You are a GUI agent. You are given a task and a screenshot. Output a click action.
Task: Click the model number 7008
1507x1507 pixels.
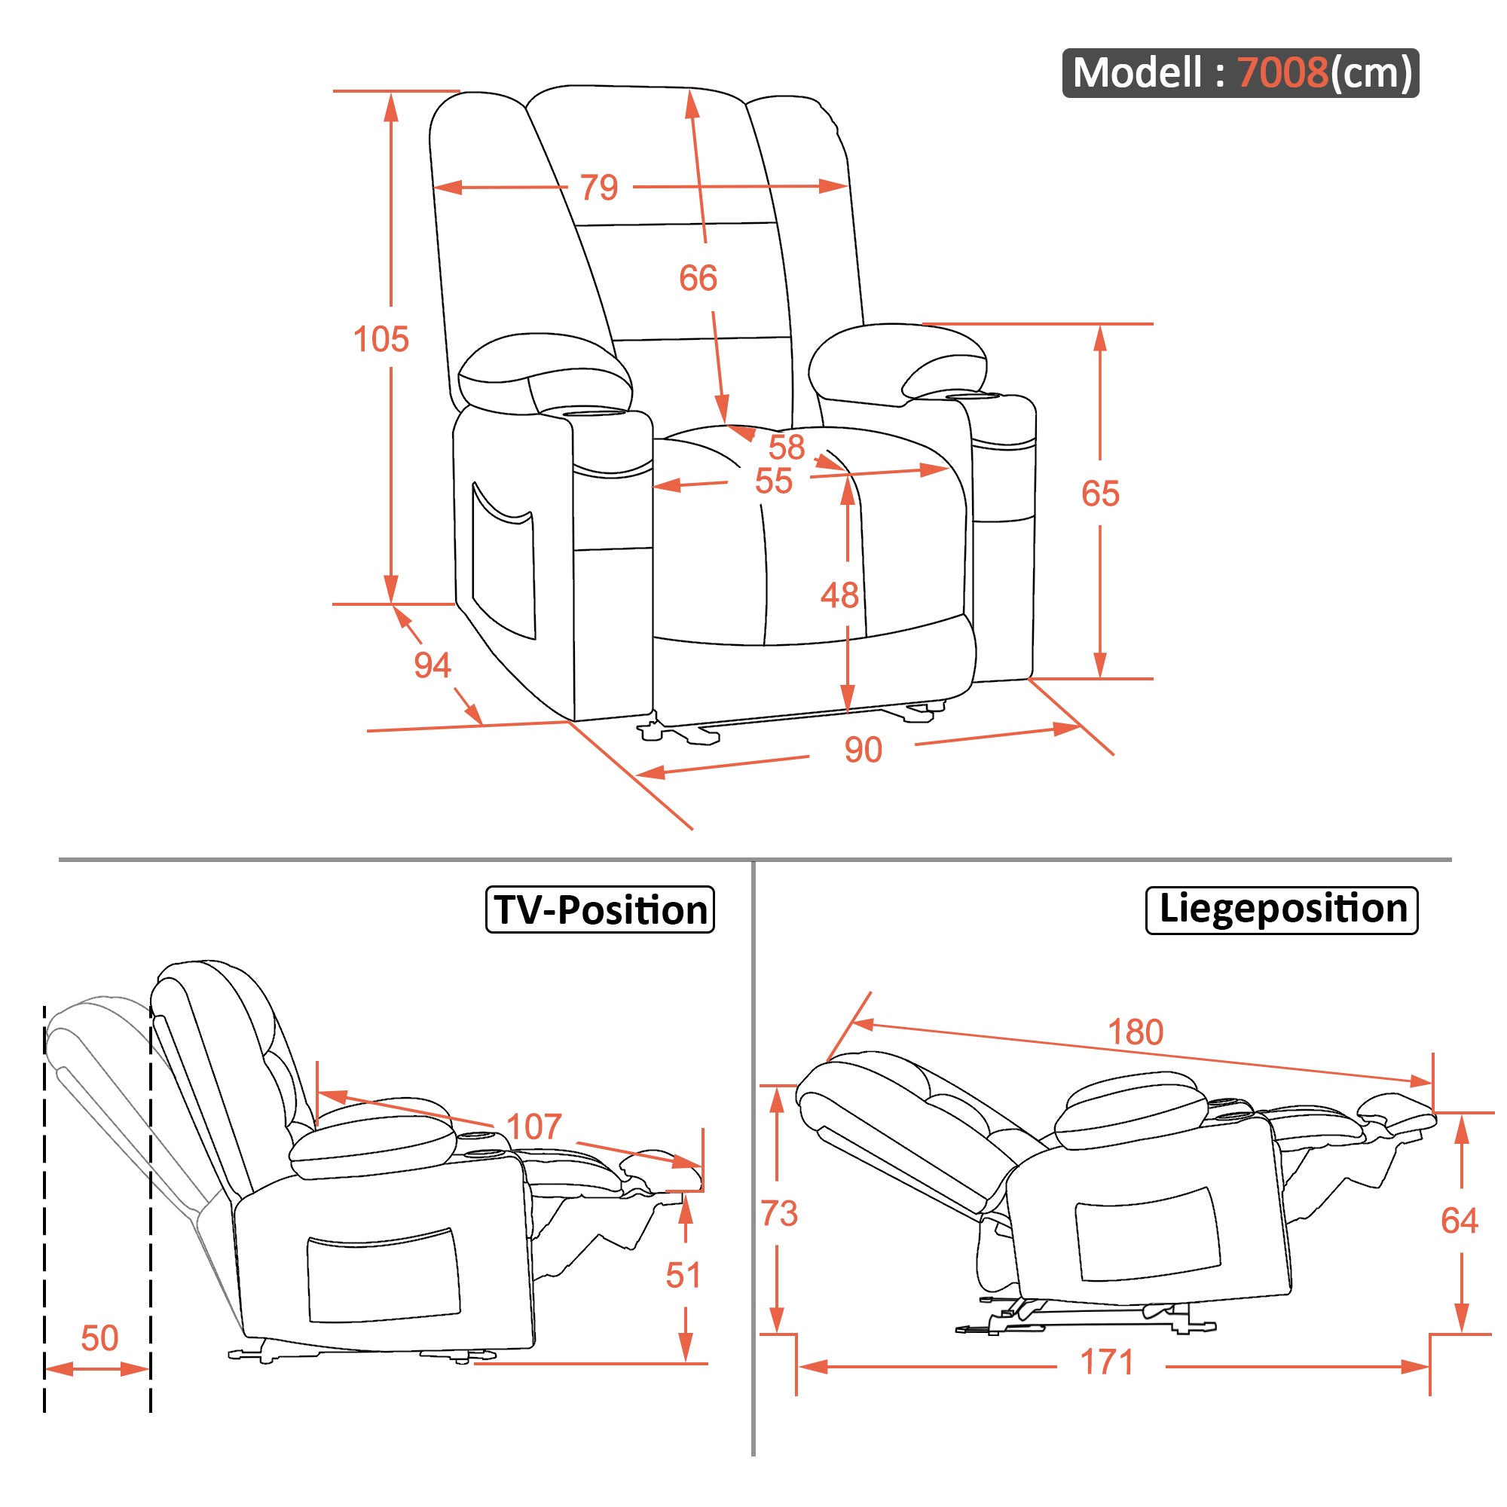coord(1282,72)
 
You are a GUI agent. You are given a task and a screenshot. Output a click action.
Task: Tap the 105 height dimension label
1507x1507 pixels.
coord(381,339)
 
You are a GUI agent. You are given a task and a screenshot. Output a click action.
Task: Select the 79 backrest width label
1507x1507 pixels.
coord(599,187)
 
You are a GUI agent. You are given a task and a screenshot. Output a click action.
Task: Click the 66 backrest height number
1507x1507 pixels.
coord(697,278)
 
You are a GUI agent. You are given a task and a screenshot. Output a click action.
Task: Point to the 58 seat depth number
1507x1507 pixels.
coord(785,447)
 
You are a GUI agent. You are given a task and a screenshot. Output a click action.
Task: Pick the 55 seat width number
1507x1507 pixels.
coord(773,481)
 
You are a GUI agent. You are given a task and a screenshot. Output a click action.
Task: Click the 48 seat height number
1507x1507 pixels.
coord(839,595)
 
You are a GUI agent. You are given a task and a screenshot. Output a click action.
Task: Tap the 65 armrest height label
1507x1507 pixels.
coord(1100,493)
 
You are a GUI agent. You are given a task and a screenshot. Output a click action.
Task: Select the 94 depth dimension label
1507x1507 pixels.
coord(432,665)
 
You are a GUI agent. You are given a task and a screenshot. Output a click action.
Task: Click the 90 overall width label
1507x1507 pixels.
coord(863,750)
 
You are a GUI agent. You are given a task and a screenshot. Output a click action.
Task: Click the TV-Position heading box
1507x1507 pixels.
coord(600,909)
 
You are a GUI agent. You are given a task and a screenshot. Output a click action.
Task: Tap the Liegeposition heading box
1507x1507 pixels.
coord(1282,909)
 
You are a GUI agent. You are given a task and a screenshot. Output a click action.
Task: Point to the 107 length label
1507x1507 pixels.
coord(534,1127)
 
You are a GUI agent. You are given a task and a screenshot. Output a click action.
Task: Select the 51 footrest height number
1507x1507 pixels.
coord(683,1276)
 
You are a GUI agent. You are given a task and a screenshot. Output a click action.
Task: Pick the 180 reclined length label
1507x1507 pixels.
coord(1136,1033)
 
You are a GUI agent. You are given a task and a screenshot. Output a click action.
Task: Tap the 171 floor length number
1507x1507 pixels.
coord(1106,1362)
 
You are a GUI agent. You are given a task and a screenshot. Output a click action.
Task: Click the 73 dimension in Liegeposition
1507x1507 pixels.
coord(779,1214)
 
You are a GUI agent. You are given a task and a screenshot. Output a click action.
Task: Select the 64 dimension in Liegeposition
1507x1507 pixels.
coord(1460,1221)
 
